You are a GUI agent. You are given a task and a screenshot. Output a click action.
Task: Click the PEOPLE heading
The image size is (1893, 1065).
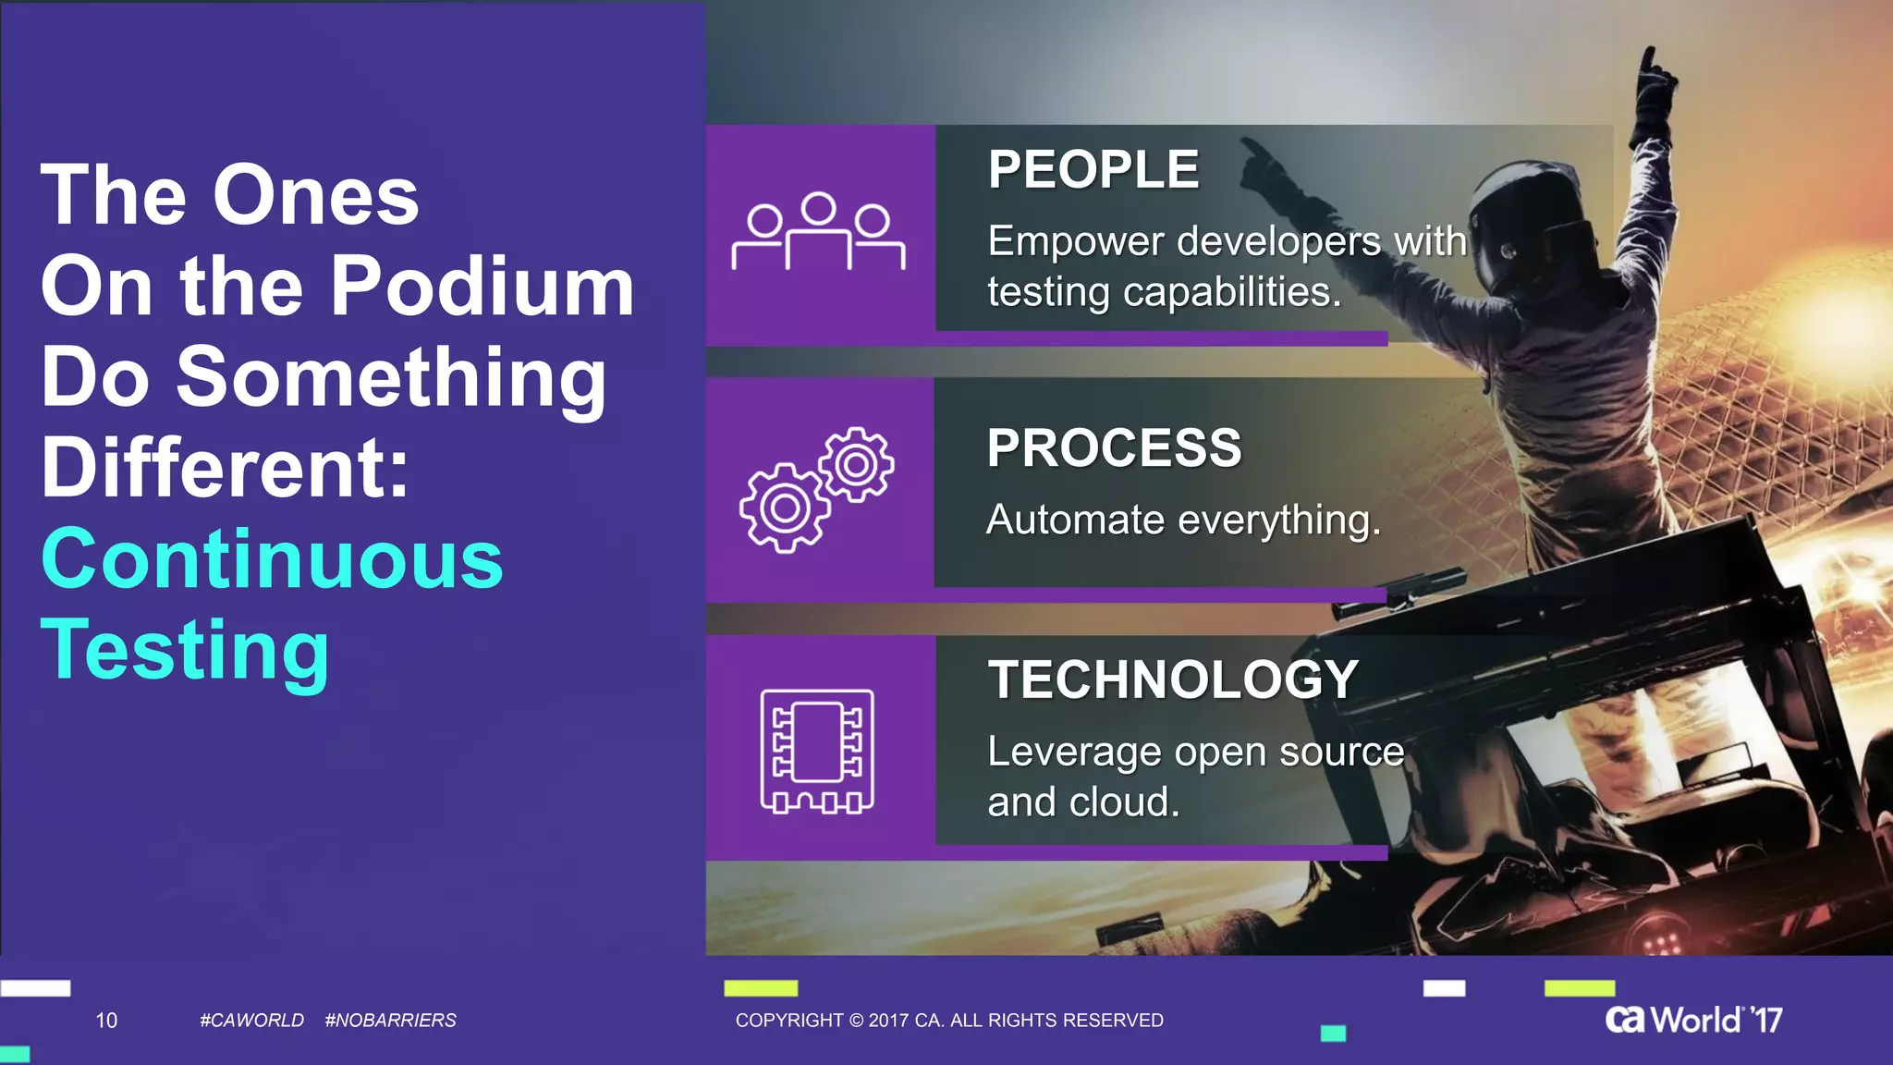point(1093,170)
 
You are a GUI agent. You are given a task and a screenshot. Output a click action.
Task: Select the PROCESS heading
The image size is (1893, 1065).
point(1114,448)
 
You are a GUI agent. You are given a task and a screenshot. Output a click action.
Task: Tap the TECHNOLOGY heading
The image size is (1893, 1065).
point(1173,679)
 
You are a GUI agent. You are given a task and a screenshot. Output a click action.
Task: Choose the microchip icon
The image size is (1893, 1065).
point(817,751)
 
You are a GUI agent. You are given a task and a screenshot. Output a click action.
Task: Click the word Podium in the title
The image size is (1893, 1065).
point(482,286)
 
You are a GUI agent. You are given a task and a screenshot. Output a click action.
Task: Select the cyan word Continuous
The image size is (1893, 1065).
point(272,559)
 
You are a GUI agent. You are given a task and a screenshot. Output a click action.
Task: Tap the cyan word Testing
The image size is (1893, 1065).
point(185,650)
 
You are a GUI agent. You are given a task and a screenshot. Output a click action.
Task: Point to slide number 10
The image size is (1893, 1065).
point(106,1021)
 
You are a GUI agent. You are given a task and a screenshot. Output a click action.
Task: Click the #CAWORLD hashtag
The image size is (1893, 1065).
point(251,1021)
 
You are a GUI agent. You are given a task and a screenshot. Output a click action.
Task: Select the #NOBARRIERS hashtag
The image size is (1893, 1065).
point(391,1021)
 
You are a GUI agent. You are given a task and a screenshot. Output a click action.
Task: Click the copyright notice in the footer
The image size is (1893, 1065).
point(949,1021)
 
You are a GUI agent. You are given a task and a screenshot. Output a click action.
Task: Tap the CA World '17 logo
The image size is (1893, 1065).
point(1693,1020)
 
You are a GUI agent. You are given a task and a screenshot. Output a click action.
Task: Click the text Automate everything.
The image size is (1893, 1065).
point(1183,520)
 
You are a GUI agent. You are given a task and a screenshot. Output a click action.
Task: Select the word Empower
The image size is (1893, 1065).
point(1075,242)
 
